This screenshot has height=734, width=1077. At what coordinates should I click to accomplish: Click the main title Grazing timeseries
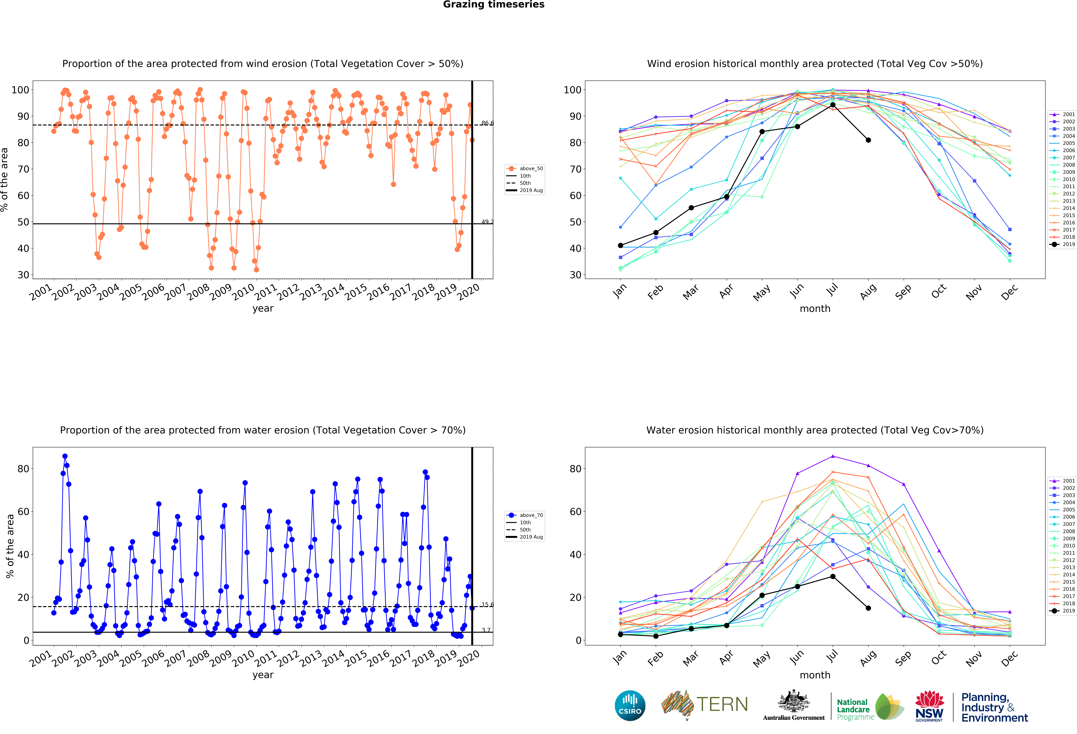point(494,5)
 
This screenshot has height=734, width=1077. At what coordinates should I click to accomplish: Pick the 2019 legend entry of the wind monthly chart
point(1062,244)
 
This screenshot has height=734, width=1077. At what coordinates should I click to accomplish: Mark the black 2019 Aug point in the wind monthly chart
point(868,140)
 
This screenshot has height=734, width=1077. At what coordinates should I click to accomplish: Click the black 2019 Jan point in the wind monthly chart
point(620,246)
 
